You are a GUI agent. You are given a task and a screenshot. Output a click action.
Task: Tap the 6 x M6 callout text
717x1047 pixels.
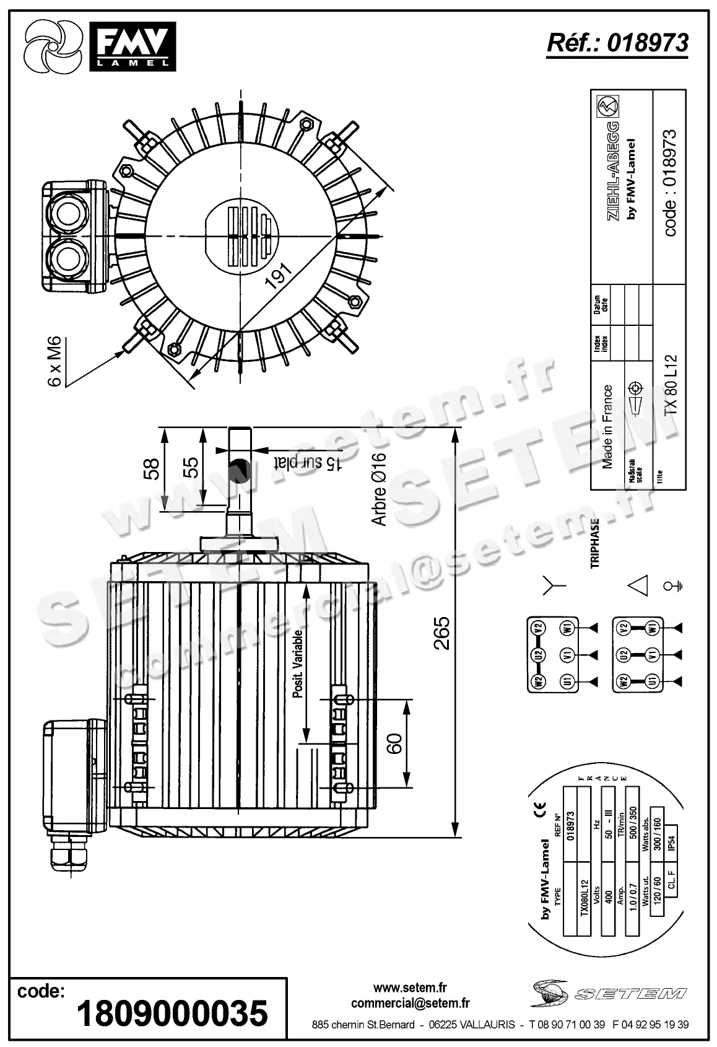[x=55, y=362]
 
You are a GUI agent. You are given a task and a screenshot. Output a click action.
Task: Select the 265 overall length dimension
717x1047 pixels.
[x=441, y=633]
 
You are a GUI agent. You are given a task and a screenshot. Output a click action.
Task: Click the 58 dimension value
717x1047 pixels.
[x=152, y=468]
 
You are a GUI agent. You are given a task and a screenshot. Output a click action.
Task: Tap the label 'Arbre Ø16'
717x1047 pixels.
[x=379, y=490]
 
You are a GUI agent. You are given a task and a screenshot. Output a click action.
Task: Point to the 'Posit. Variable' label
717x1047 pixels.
[x=298, y=664]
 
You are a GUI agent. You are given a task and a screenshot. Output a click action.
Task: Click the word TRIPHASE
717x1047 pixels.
[x=595, y=543]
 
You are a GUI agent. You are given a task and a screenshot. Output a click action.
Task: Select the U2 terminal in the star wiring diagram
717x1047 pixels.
[x=539, y=654]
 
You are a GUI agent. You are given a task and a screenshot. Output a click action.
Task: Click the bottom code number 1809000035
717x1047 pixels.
[x=172, y=1014]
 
